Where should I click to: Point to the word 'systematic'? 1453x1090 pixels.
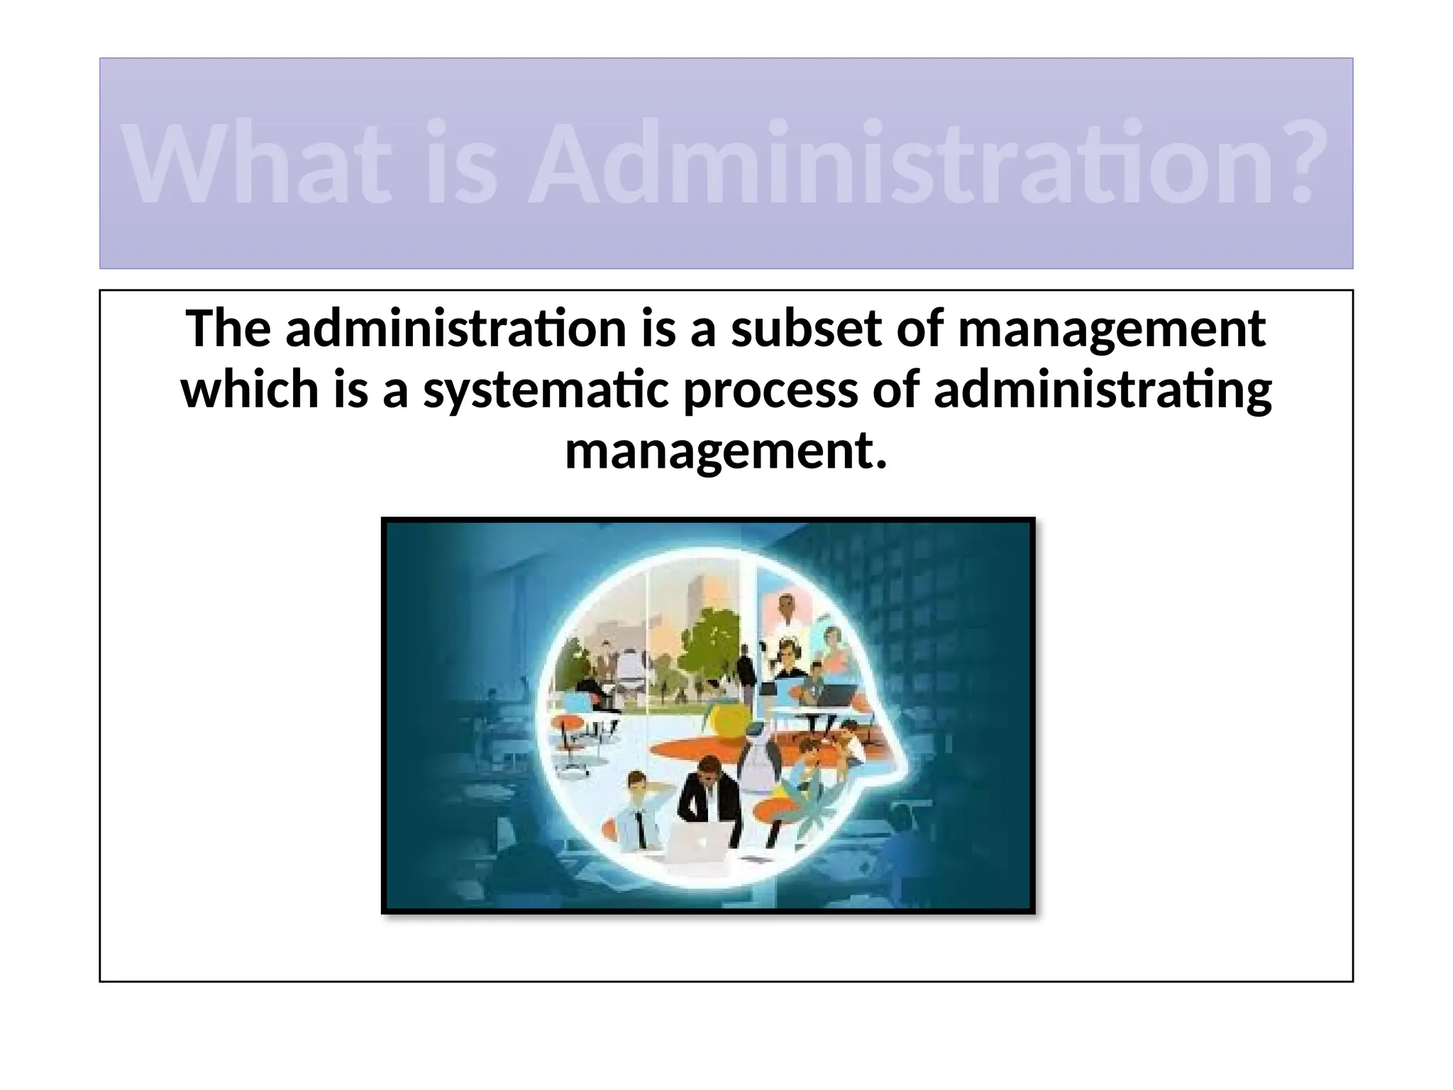coord(546,391)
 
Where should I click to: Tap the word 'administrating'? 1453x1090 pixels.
coord(1103,391)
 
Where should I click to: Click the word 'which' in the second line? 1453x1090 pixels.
coord(250,391)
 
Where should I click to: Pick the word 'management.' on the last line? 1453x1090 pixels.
coord(726,452)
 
